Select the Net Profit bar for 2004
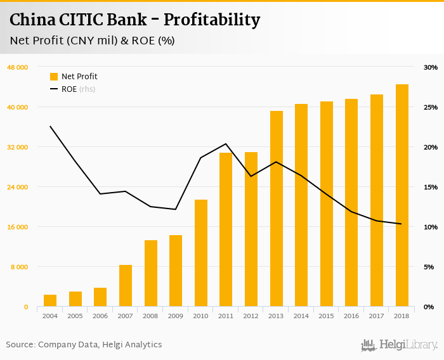[x=50, y=300]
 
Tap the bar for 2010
[x=201, y=253]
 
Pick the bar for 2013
[x=277, y=209]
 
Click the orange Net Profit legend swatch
[x=54, y=77]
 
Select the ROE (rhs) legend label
[x=78, y=89]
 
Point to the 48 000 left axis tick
[x=18, y=67]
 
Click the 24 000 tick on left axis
[x=18, y=187]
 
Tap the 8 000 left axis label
[x=20, y=267]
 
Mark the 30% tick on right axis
[x=431, y=67]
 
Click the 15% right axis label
[x=431, y=187]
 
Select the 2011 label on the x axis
[x=226, y=315]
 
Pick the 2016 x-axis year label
[x=351, y=315]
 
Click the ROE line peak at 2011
[x=226, y=144]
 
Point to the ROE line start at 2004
[x=50, y=126]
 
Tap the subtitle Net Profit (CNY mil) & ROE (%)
[x=93, y=41]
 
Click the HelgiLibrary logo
[x=399, y=345]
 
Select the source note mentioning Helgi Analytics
[x=84, y=345]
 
